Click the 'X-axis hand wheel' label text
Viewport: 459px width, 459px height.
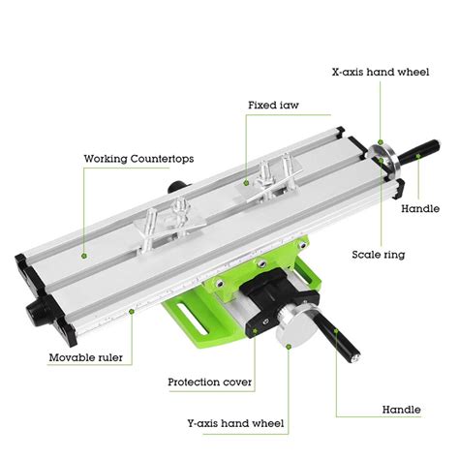[381, 71]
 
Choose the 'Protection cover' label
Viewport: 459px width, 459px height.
[210, 382]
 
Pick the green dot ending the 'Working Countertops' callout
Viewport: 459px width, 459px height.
[84, 256]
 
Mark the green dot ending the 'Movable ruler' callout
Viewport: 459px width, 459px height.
[132, 310]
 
